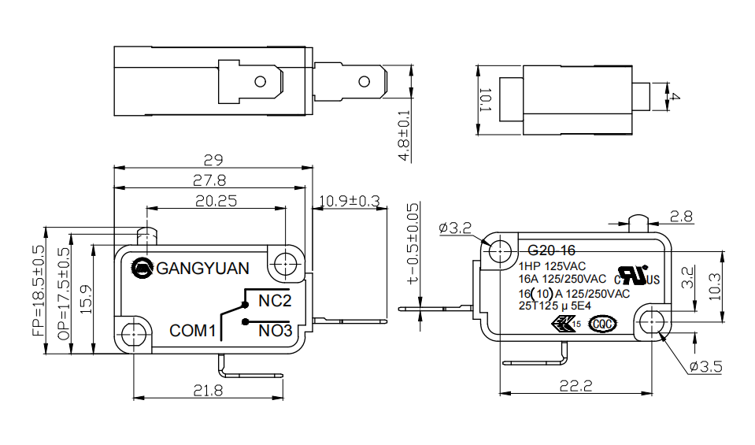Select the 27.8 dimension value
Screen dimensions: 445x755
tap(209, 180)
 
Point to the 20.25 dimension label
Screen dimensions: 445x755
tap(216, 201)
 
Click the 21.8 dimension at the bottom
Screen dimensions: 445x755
tap(206, 389)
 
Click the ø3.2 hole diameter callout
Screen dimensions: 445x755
tap(455, 228)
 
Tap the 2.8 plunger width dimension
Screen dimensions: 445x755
tap(682, 216)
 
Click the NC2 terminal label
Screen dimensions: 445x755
tap(275, 301)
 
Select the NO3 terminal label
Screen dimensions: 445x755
tap(275, 331)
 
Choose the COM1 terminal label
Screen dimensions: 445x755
tap(193, 331)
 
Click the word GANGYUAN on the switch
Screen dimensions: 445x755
tap(203, 268)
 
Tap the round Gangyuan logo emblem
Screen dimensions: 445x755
tap(143, 268)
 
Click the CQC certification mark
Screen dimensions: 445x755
tap(602, 323)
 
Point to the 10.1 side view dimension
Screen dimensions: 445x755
tap(486, 101)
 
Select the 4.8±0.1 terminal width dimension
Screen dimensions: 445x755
tap(404, 134)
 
